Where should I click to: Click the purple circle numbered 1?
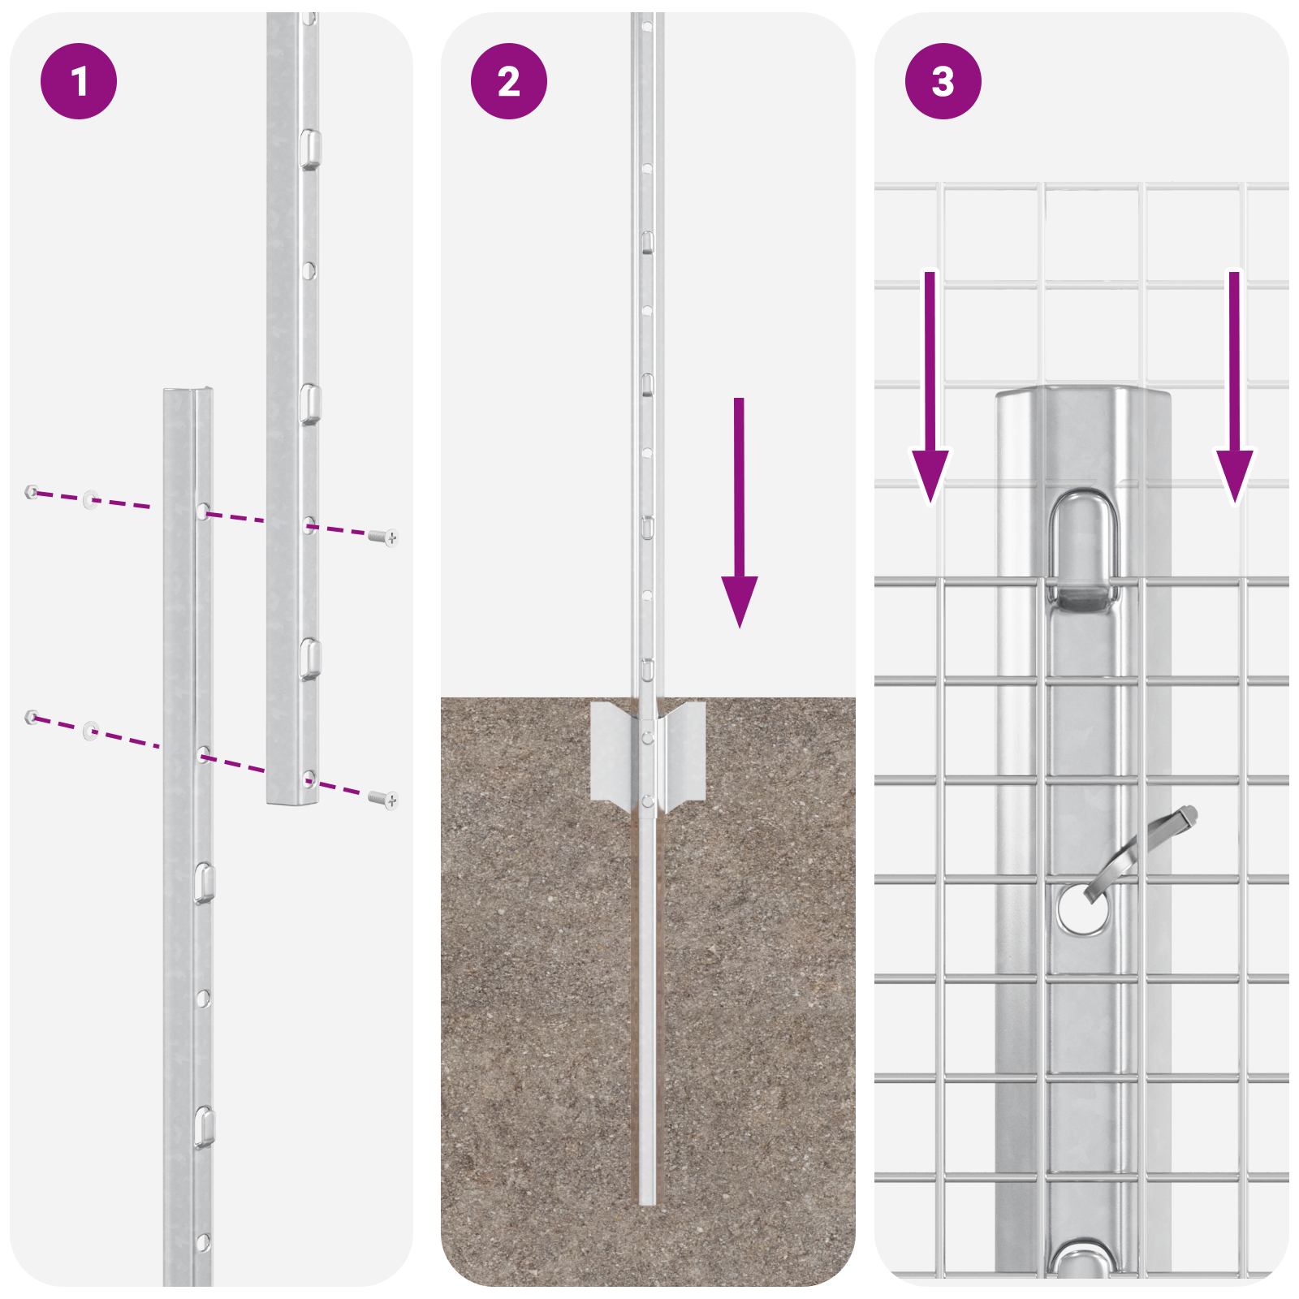pyautogui.click(x=79, y=81)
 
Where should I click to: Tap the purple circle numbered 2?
pyautogui.click(x=509, y=81)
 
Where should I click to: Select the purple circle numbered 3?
pyautogui.click(x=943, y=81)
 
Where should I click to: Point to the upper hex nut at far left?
pyautogui.click(x=32, y=491)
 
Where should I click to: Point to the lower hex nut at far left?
pyautogui.click(x=32, y=717)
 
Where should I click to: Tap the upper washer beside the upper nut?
pyautogui.click(x=90, y=498)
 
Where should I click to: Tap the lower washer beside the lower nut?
pyautogui.click(x=90, y=731)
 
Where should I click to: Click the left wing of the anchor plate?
pyautogui.click(x=611, y=751)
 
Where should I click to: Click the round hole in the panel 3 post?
pyautogui.click(x=1082, y=909)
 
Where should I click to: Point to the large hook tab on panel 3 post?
pyautogui.click(x=1083, y=552)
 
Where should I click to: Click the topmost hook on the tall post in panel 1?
pyautogui.click(x=310, y=149)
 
